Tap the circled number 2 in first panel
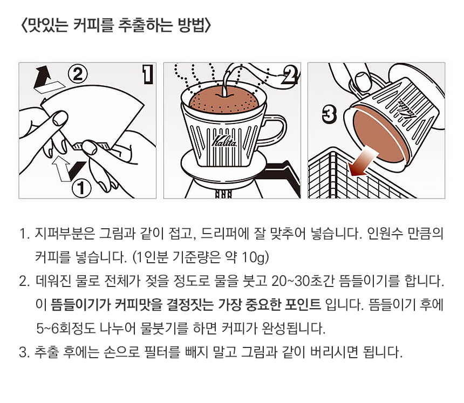point(78,74)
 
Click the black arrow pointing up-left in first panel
point(43,78)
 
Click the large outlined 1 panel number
point(148,74)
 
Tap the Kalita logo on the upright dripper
point(224,141)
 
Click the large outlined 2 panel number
point(290,74)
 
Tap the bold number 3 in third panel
point(329,114)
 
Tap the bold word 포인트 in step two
point(303,304)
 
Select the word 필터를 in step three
point(162,352)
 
